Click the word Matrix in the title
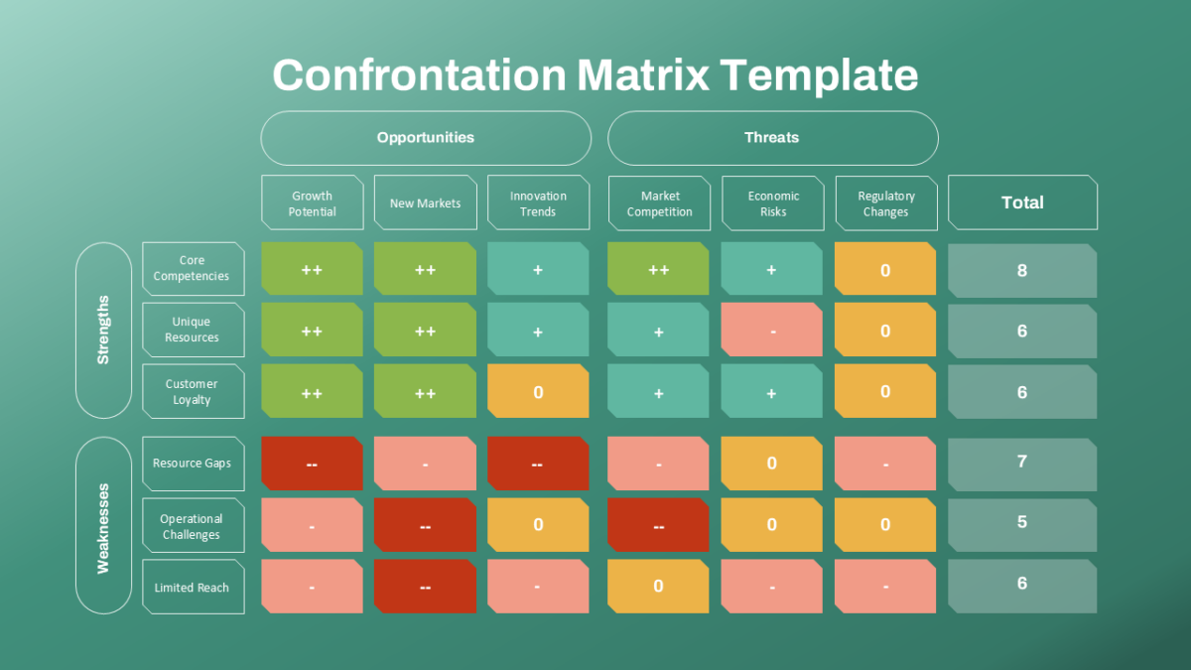click(x=643, y=75)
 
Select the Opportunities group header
click(x=426, y=138)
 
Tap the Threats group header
click(x=773, y=138)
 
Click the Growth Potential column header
click(x=313, y=202)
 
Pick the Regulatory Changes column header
click(x=886, y=203)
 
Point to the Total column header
click(x=1022, y=202)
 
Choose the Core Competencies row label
click(x=194, y=269)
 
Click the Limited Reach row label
click(x=194, y=587)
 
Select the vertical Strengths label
click(x=103, y=331)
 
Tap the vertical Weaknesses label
click(x=103, y=525)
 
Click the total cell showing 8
click(x=1022, y=270)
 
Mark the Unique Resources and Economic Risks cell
click(x=771, y=330)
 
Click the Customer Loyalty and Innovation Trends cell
click(x=538, y=391)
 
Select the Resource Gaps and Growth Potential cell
click(x=312, y=464)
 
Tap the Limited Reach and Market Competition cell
click(x=658, y=586)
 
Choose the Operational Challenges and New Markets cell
click(x=426, y=525)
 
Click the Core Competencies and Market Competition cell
click(x=658, y=269)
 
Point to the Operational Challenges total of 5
click(x=1022, y=525)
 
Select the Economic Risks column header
click(x=773, y=203)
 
